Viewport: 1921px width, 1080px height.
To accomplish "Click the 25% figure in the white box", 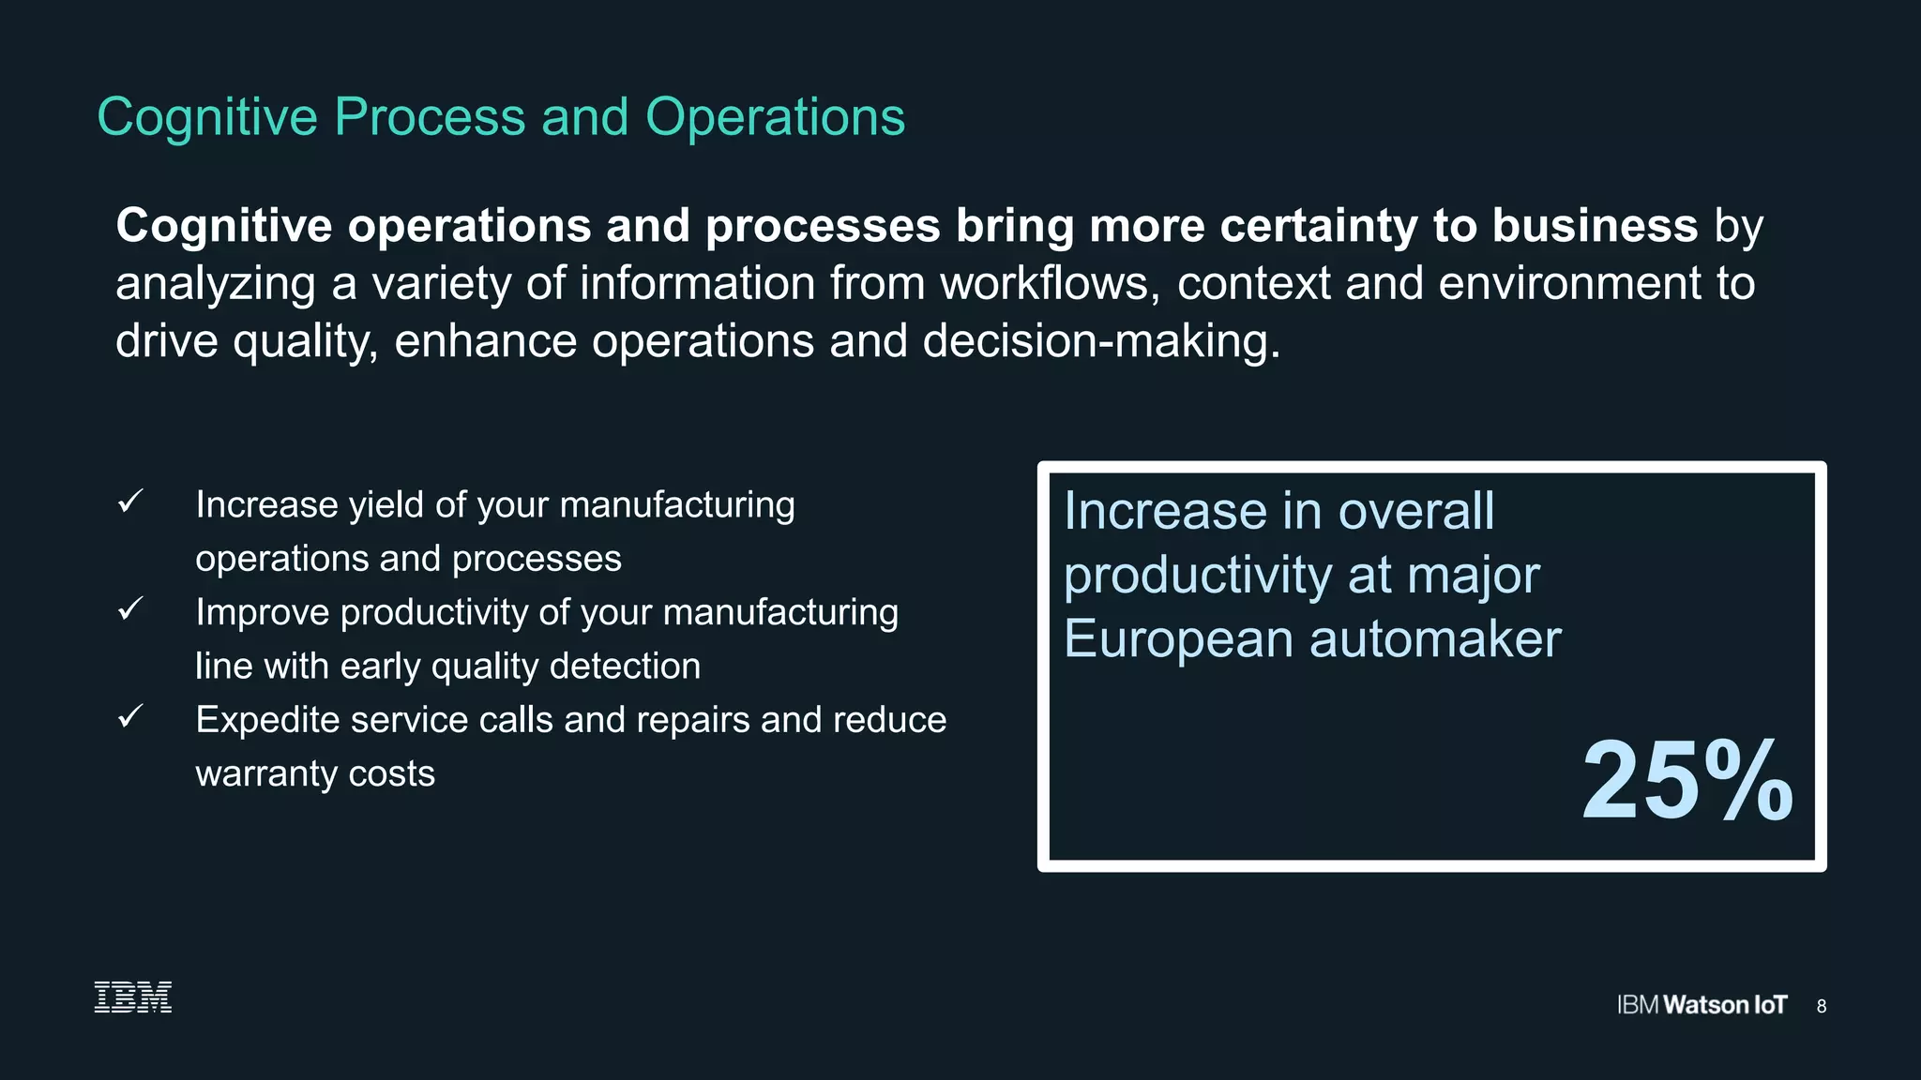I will (1687, 781).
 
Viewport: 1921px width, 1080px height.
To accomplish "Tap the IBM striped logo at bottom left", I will (133, 997).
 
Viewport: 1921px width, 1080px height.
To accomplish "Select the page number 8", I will (1821, 1006).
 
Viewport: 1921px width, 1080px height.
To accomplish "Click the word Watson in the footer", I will (1705, 1005).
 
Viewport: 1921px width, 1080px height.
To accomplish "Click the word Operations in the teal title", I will (775, 118).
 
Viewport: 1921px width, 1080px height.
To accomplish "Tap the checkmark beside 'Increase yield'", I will (130, 502).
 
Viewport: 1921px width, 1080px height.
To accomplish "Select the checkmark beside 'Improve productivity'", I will (130, 609).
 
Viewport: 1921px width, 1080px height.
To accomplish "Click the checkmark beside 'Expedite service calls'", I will (130, 717).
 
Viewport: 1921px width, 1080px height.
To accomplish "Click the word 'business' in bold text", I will (1595, 226).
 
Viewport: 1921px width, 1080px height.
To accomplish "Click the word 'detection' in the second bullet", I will (625, 667).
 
